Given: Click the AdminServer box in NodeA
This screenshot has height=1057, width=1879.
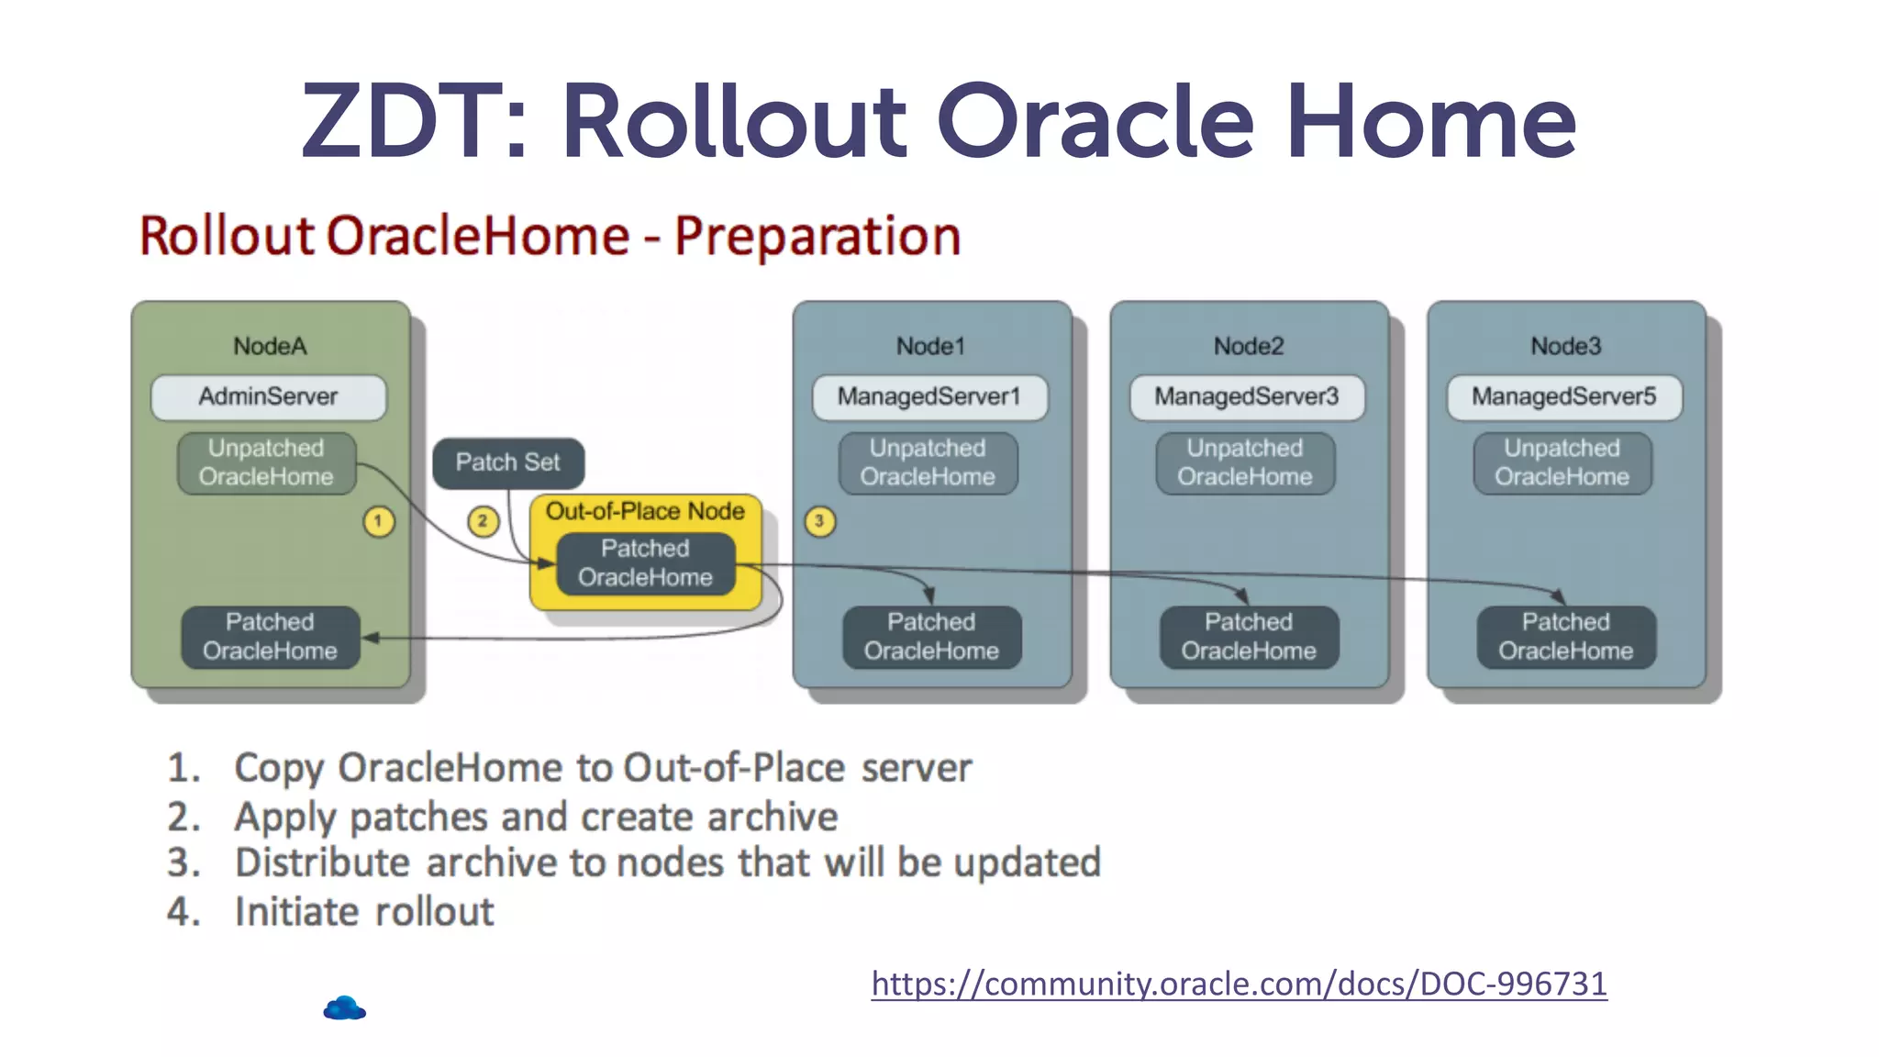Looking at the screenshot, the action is [269, 397].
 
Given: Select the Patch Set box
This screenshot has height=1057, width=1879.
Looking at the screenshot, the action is [507, 462].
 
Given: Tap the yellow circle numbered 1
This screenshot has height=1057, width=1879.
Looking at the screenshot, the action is [378, 521].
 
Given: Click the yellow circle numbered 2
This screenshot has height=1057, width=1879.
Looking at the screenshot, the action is [483, 521].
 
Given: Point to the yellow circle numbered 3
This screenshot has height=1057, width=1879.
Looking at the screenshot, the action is [819, 521].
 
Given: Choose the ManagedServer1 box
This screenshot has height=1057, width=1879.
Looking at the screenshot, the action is [929, 397].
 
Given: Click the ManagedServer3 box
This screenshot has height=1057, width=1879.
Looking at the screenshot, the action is [1247, 397].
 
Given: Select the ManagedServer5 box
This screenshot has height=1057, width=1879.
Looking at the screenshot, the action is [1564, 397].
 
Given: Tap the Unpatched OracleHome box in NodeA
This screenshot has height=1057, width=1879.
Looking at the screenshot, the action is [266, 463].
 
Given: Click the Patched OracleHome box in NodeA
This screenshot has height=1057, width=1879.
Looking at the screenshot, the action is [270, 637].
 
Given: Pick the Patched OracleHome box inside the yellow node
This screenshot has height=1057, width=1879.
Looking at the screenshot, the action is [645, 563].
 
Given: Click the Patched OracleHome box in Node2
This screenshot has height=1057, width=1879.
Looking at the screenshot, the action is [1249, 637].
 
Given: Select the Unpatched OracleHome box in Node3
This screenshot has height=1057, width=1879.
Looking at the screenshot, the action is [1562, 463].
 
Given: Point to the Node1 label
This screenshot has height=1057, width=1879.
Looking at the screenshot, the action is [930, 346].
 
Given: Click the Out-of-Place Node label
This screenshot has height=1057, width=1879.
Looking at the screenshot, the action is [645, 511].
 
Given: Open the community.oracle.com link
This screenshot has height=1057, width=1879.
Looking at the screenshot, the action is [1239, 984].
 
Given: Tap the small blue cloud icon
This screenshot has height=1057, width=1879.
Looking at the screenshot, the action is [345, 1008].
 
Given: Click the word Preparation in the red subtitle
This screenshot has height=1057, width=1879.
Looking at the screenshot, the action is [817, 237].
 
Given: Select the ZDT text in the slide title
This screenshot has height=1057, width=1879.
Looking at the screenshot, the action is [414, 122].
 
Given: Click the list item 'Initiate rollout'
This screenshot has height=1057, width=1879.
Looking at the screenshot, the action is [364, 912].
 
